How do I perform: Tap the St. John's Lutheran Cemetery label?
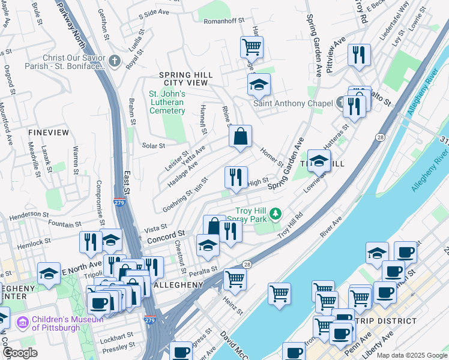[167, 102]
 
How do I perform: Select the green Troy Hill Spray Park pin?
[276, 214]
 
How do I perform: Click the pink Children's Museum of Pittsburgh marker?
[23, 323]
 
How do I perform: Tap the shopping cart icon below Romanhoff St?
[252, 47]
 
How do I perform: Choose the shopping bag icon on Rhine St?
[240, 137]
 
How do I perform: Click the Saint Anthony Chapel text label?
[292, 103]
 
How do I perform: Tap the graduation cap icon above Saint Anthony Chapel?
[259, 85]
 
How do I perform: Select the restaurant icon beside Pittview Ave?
[359, 56]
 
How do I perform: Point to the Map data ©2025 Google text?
[412, 355]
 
